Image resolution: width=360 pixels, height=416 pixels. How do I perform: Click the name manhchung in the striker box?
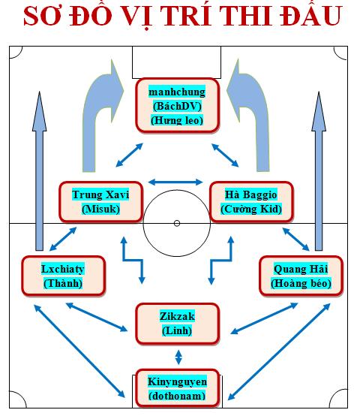(x=177, y=92)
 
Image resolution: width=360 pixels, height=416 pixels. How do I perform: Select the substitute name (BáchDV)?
(x=177, y=106)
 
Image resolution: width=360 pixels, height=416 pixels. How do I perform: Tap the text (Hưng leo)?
(x=177, y=120)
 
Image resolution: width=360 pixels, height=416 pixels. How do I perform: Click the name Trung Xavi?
(x=100, y=194)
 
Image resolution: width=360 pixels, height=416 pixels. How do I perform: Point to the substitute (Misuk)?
(x=100, y=209)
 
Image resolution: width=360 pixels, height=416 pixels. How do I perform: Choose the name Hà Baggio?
(x=250, y=194)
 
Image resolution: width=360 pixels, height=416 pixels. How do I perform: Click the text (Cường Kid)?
(x=251, y=209)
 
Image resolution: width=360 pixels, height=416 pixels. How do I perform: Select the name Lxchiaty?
(x=63, y=269)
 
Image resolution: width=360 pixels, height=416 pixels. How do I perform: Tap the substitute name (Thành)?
(x=63, y=283)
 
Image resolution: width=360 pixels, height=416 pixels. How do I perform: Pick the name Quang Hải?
(x=301, y=269)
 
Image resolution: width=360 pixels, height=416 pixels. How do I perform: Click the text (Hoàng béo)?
(x=301, y=283)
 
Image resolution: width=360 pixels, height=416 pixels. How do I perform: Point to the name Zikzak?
(x=177, y=316)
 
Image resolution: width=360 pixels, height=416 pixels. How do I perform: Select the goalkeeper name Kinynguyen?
(x=177, y=381)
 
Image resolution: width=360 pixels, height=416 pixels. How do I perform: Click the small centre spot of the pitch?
(x=177, y=223)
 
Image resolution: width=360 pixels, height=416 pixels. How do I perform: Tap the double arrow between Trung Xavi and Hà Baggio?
(x=175, y=182)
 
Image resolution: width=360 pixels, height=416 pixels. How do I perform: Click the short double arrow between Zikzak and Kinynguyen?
(x=178, y=357)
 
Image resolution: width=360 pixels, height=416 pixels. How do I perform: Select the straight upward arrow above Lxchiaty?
(x=40, y=171)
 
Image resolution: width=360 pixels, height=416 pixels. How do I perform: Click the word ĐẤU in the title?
(x=311, y=15)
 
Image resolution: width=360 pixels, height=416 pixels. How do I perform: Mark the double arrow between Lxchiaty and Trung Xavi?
(x=63, y=239)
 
